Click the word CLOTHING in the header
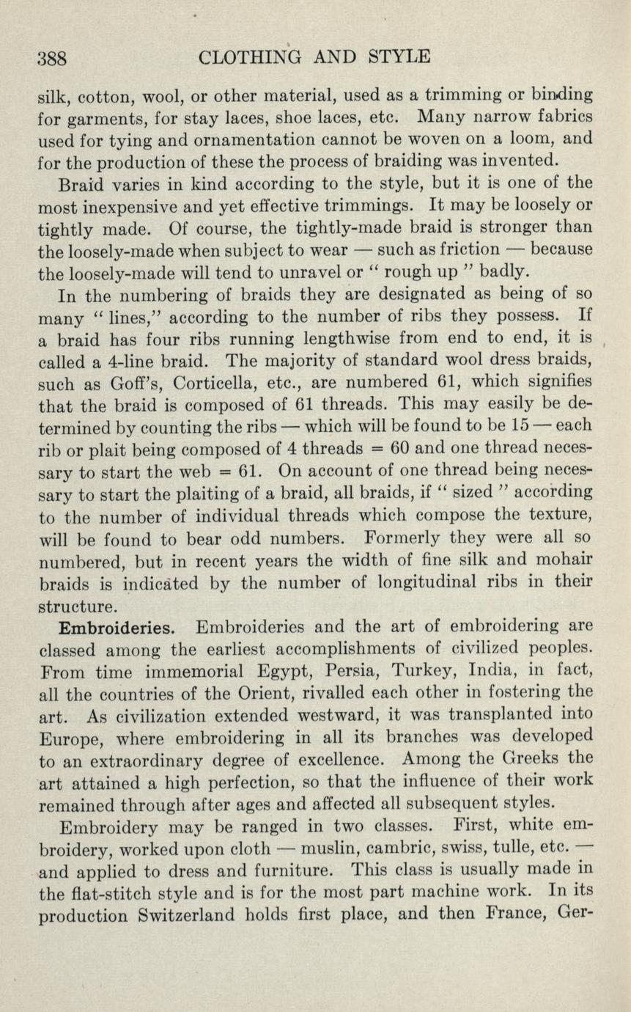(241, 56)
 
